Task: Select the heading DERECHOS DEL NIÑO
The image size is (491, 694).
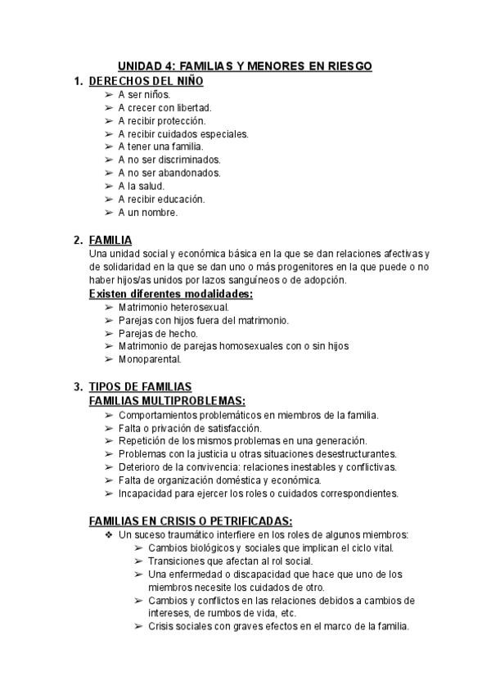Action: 146,81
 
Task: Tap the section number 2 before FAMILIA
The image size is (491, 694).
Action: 77,240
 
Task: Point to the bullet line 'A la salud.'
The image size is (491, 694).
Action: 141,186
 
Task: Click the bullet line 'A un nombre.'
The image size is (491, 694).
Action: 147,212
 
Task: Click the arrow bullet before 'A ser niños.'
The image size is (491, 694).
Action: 110,94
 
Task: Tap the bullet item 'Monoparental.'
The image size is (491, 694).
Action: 150,359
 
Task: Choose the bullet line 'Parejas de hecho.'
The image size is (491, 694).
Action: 158,333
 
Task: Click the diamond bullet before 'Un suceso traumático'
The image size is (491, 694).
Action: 110,534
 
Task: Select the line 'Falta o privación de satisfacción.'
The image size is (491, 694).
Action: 190,427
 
